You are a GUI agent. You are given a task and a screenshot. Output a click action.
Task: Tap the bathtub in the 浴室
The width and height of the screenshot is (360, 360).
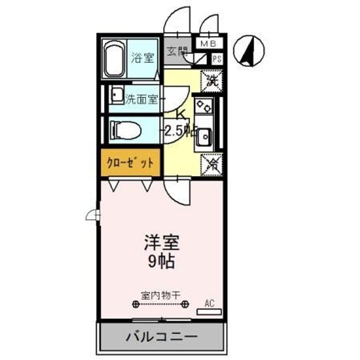pos(113,59)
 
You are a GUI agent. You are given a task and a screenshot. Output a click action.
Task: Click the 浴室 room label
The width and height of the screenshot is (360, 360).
pos(142,58)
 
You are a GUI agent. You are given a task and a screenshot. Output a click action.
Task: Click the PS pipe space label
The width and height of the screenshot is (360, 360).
pos(216,58)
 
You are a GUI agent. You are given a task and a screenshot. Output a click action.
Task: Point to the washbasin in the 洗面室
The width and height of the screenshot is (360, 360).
pos(117,94)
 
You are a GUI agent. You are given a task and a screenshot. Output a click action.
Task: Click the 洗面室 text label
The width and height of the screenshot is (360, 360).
pos(142,98)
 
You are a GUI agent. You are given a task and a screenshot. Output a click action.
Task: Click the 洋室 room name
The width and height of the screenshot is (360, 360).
pos(161,243)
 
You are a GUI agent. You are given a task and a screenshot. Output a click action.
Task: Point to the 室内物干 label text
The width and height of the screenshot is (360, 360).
pos(160,295)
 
